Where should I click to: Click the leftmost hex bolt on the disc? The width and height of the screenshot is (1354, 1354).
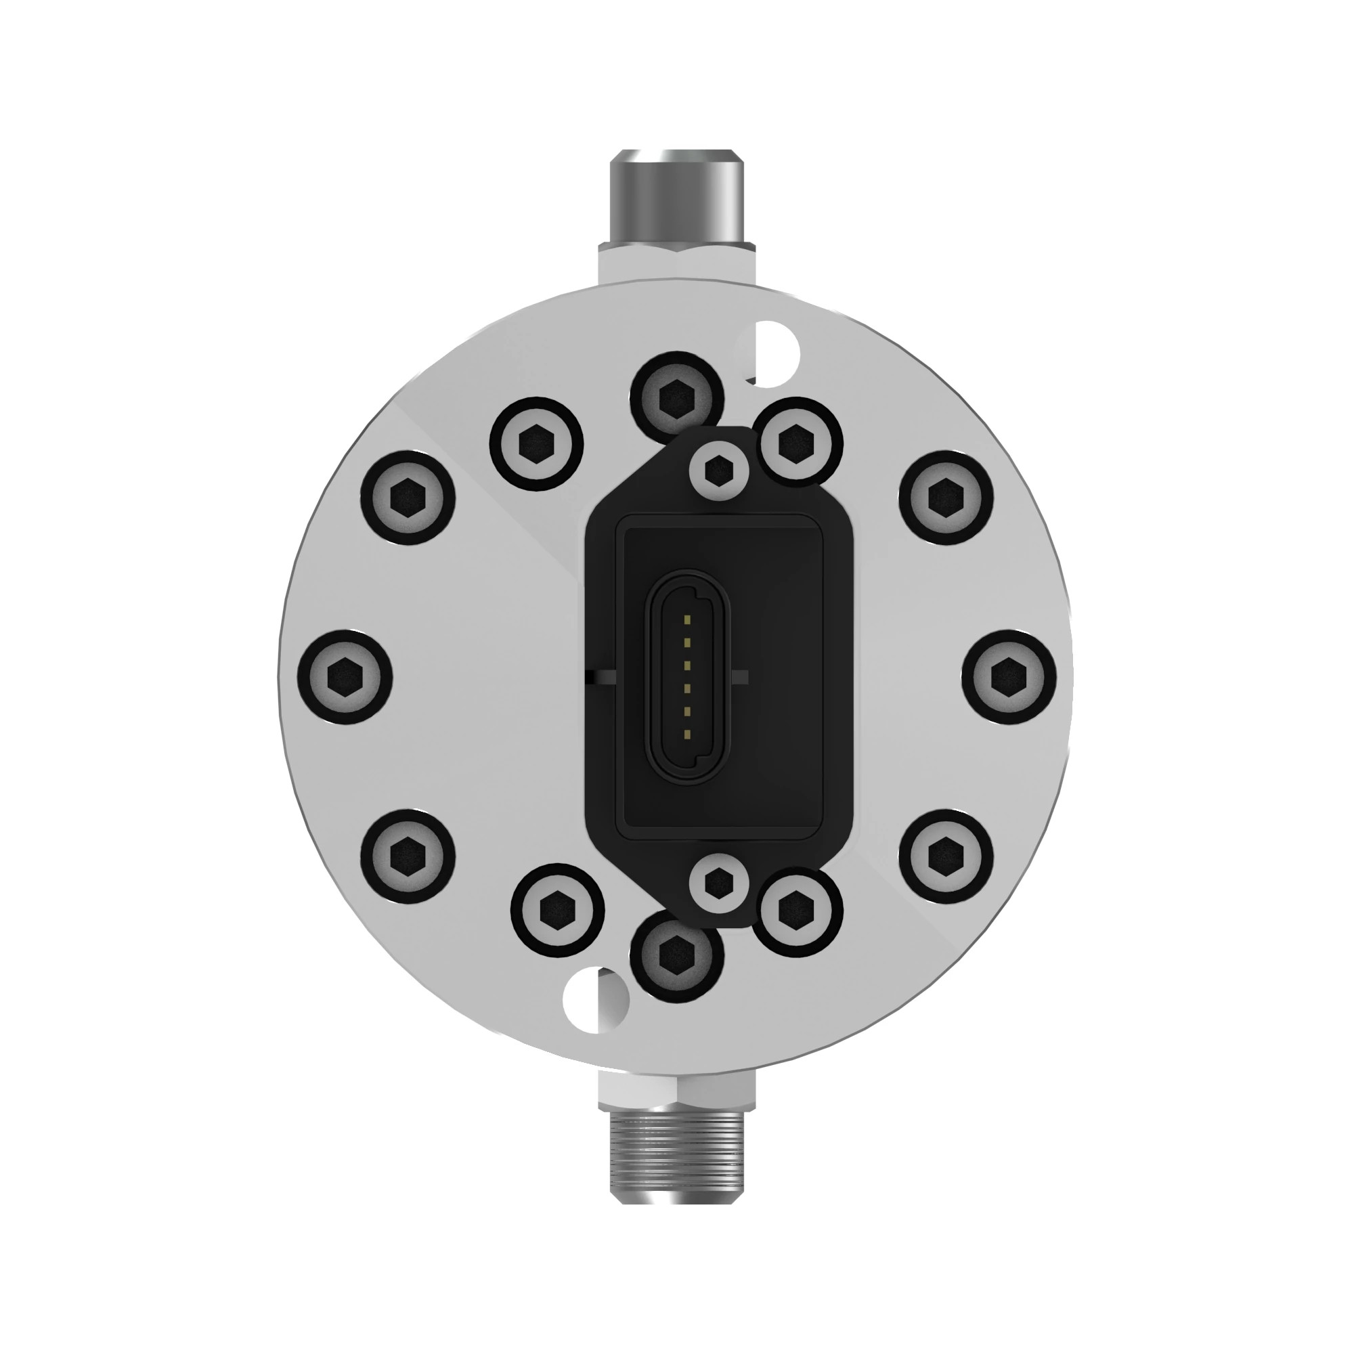(345, 677)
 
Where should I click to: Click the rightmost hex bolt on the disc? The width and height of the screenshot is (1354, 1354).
(1009, 677)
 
